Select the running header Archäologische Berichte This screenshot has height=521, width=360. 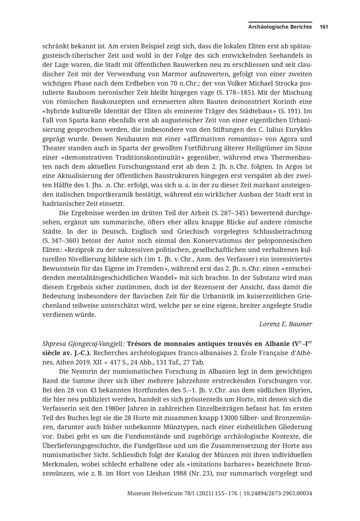(281, 27)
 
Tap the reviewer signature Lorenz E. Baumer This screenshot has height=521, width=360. (286, 324)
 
